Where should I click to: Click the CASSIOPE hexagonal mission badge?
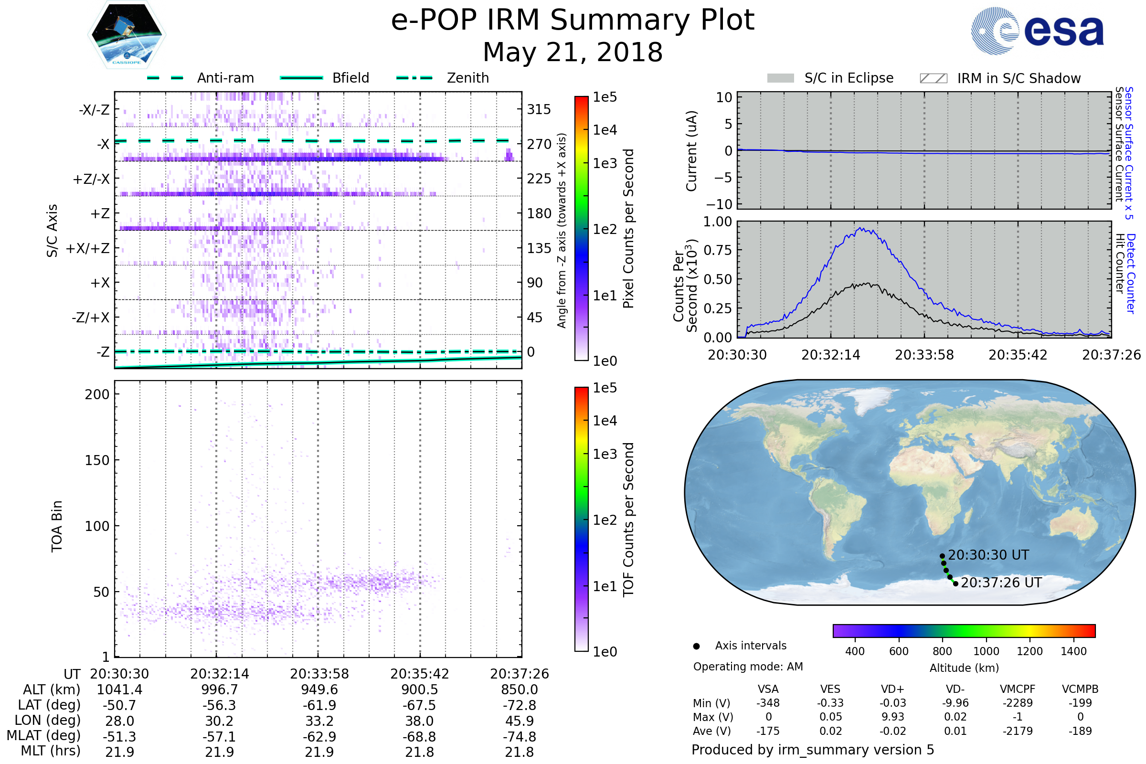(127, 34)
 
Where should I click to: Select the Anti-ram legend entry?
(200, 78)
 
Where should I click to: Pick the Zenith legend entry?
(443, 78)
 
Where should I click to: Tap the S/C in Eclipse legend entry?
(830, 78)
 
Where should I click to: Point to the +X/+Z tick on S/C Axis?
(88, 248)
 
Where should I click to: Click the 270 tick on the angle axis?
(539, 144)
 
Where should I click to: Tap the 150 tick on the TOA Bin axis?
(97, 460)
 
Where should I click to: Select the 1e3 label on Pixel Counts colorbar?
(605, 163)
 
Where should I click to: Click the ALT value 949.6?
(319, 690)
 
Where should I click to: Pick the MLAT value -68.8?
(419, 737)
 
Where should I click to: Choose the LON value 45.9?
(520, 721)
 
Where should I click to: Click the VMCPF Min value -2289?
(1018, 703)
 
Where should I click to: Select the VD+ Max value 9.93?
(892, 717)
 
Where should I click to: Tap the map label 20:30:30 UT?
(988, 555)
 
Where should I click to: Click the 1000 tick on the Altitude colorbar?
(986, 651)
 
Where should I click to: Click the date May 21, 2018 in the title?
(573, 52)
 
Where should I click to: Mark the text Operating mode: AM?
(748, 667)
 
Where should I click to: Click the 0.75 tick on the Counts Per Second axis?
(718, 250)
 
